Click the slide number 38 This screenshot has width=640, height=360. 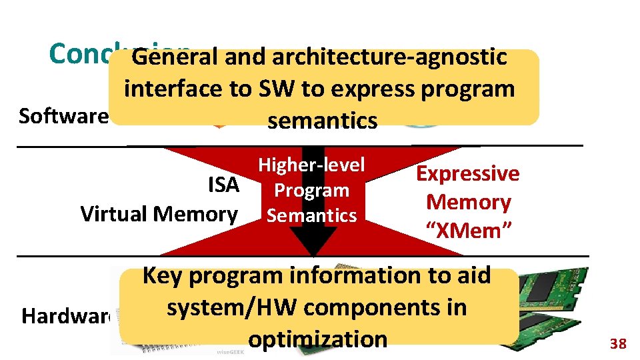click(618, 344)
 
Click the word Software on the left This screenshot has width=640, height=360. click(63, 116)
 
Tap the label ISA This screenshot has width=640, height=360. click(223, 185)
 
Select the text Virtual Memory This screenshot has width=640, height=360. click(159, 214)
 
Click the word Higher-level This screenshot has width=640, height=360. click(311, 165)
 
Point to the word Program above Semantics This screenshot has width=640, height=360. click(311, 190)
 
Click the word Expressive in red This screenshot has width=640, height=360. click(467, 173)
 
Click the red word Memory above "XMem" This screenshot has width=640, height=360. click(468, 201)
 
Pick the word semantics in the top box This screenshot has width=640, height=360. click(322, 121)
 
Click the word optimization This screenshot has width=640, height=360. click(317, 339)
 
